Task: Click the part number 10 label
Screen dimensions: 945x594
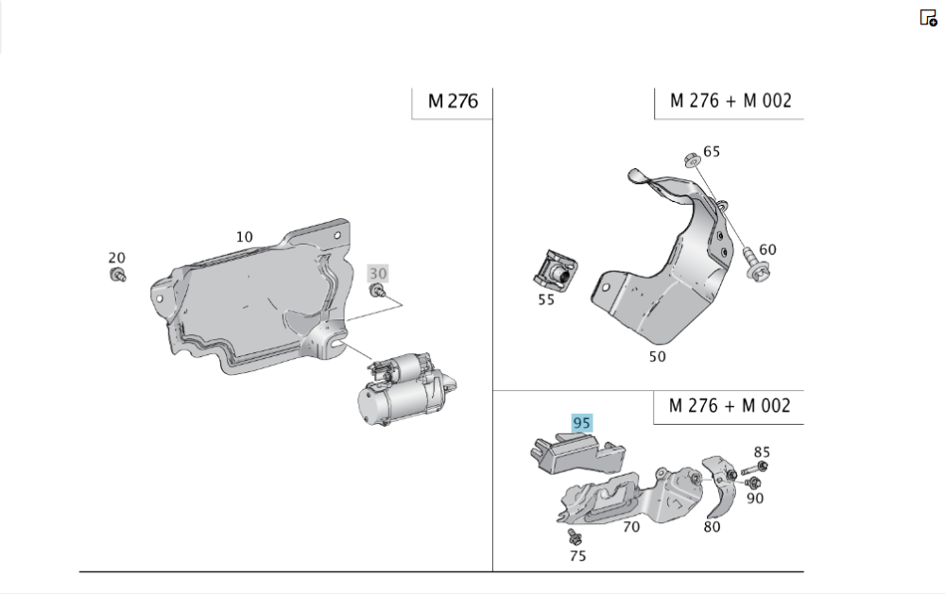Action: point(244,237)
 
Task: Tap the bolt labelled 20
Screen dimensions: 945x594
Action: point(118,276)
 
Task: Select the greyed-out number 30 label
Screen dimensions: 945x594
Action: point(378,274)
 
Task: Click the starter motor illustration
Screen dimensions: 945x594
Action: point(406,388)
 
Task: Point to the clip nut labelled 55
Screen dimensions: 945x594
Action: point(555,269)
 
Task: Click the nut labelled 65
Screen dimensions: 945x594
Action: point(693,161)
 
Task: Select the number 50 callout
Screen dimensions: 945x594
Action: point(658,357)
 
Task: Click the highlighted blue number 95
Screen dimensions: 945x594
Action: point(581,423)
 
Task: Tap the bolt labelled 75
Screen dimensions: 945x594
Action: point(575,536)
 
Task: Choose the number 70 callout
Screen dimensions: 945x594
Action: point(631,527)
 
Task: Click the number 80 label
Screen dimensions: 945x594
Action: point(712,527)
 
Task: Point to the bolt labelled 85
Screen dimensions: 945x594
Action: point(754,468)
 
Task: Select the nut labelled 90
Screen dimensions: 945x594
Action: point(752,483)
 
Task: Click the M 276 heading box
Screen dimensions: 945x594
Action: point(453,101)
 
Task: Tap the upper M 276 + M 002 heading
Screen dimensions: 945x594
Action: point(730,101)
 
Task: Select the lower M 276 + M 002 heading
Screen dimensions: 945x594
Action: point(730,405)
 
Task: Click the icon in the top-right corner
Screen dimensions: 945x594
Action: point(928,18)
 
